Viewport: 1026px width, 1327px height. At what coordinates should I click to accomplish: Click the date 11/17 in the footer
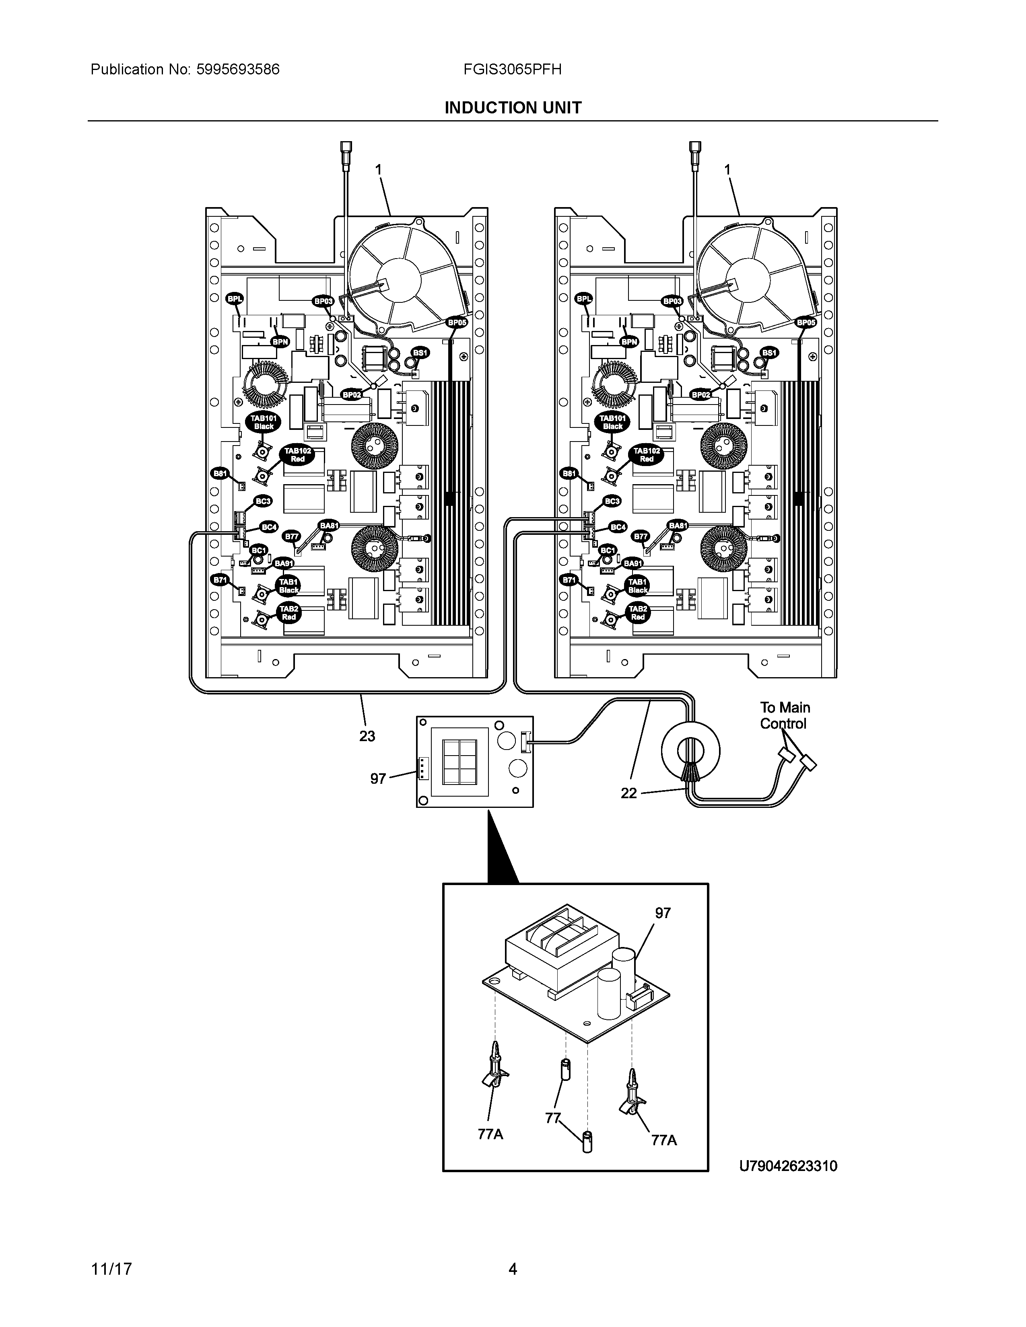(111, 1269)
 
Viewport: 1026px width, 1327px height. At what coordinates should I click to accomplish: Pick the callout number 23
(367, 736)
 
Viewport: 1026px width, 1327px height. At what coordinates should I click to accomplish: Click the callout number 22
(628, 793)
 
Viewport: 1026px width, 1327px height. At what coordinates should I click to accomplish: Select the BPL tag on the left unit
(234, 298)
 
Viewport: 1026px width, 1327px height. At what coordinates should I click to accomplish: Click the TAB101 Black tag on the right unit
(613, 422)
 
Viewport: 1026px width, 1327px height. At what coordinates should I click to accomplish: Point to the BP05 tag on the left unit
(457, 323)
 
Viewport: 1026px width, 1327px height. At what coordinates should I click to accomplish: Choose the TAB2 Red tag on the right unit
(638, 612)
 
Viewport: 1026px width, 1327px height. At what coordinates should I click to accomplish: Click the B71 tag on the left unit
(219, 580)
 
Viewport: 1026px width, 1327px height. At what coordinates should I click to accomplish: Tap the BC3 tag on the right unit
(612, 501)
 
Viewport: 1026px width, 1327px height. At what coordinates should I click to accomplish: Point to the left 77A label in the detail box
(490, 1134)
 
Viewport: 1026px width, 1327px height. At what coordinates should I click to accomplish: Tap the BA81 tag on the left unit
(329, 525)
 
